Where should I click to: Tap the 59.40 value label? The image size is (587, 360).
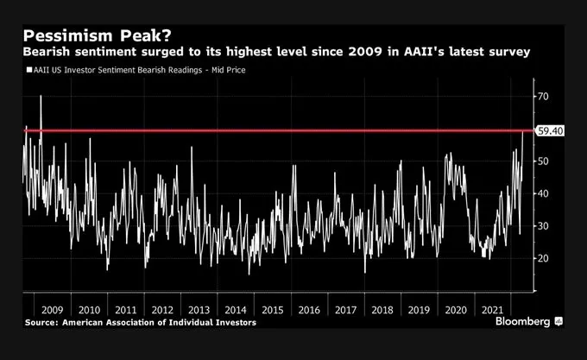pos(550,131)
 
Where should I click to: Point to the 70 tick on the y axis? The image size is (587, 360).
pos(544,97)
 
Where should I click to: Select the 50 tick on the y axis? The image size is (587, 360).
pos(544,161)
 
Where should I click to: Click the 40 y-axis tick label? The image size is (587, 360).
pos(544,193)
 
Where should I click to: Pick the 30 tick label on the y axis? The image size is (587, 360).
pos(544,226)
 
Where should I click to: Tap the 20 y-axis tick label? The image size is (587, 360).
pos(544,258)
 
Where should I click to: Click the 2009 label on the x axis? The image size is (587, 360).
pos(52,308)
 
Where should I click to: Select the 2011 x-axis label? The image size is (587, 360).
pos(124,308)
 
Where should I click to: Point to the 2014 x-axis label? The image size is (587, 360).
pos(235,308)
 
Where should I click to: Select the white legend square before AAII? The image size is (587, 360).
pos(28,70)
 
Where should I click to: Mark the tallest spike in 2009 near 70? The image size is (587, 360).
pos(41,97)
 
